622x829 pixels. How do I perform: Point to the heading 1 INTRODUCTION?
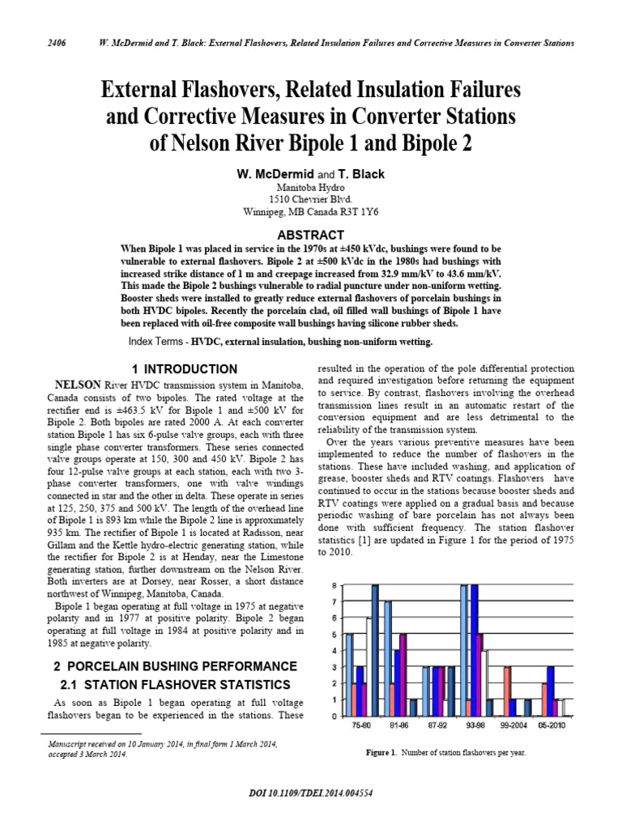click(x=185, y=369)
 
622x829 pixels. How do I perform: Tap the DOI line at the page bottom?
click(x=311, y=793)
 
